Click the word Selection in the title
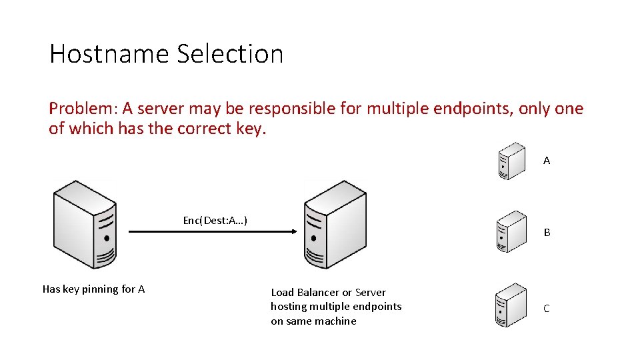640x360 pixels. pos(230,54)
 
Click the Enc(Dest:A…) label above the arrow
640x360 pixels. pos(215,220)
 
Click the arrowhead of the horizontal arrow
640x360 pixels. pos(291,232)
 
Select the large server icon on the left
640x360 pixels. pos(85,224)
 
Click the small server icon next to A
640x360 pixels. pos(512,161)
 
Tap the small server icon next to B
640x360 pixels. pos(512,231)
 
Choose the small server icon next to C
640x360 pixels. pos(512,305)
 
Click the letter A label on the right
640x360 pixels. pos(547,161)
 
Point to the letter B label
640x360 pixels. pos(547,233)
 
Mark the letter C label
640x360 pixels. pos(547,309)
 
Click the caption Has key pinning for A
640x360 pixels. pos(93,289)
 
